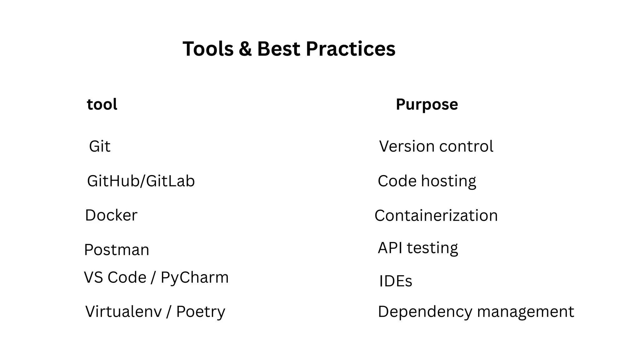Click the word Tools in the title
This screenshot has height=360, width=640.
click(x=208, y=49)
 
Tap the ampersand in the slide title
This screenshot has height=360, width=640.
click(x=245, y=49)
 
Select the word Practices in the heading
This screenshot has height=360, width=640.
click(x=350, y=49)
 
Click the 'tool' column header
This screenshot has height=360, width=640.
click(x=102, y=104)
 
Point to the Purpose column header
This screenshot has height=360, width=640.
click(x=427, y=105)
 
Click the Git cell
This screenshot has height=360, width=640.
click(x=100, y=146)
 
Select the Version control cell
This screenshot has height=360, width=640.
click(x=436, y=146)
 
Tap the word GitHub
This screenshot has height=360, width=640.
click(x=113, y=181)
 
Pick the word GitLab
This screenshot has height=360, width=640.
click(x=170, y=181)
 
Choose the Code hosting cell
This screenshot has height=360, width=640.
click(x=427, y=181)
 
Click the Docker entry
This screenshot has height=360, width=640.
click(x=111, y=215)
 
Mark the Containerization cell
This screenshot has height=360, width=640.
click(x=436, y=216)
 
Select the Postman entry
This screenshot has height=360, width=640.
click(x=117, y=250)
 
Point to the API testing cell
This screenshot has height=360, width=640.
click(x=418, y=248)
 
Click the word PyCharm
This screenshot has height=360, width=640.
click(x=195, y=277)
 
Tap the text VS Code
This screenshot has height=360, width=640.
click(x=115, y=277)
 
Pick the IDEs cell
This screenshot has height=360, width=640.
click(x=395, y=281)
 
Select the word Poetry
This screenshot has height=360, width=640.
click(x=201, y=312)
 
